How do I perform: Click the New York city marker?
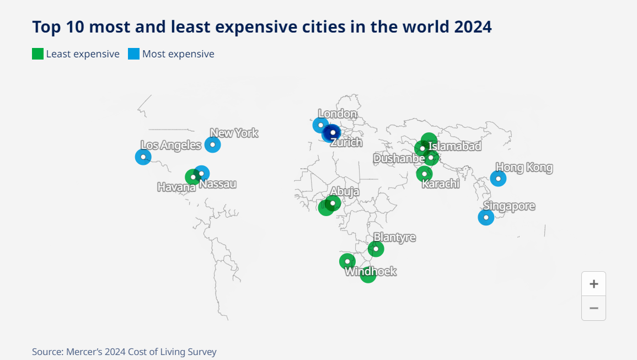coord(212,144)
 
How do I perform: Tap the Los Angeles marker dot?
coord(143,157)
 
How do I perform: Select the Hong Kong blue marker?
coord(498,178)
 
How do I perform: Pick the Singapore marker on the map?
coord(486,217)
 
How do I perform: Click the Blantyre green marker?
coord(376,249)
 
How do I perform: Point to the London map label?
coord(338,114)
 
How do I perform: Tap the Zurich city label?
coord(346,143)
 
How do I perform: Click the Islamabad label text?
coord(455,146)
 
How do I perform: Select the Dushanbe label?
coord(399,159)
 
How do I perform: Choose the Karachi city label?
coord(441,184)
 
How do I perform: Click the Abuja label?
coord(345,191)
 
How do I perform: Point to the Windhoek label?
coord(371,271)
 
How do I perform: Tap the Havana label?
coord(176,187)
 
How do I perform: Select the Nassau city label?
coord(218,184)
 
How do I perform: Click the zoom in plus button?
coord(593,284)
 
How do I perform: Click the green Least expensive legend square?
coord(38,54)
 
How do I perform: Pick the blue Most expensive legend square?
coord(133,54)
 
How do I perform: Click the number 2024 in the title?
coord(473,26)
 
